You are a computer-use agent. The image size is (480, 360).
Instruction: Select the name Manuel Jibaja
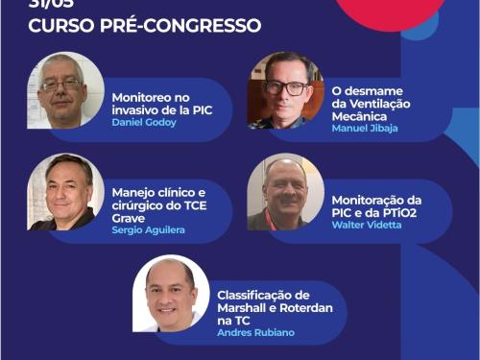click(365, 129)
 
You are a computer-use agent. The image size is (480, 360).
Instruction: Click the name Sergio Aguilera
click(147, 231)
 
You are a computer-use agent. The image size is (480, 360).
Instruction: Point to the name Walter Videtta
click(366, 225)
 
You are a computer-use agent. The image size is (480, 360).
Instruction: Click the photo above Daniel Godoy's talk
click(65, 90)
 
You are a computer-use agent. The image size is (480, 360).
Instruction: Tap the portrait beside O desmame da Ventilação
click(286, 90)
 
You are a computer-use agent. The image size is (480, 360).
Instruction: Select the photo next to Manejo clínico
click(65, 192)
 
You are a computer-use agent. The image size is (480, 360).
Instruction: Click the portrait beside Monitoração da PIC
click(285, 192)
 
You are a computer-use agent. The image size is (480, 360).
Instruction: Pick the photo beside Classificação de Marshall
click(171, 294)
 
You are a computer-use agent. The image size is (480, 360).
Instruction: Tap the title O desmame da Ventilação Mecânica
click(370, 104)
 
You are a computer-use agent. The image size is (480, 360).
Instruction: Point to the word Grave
click(130, 217)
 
